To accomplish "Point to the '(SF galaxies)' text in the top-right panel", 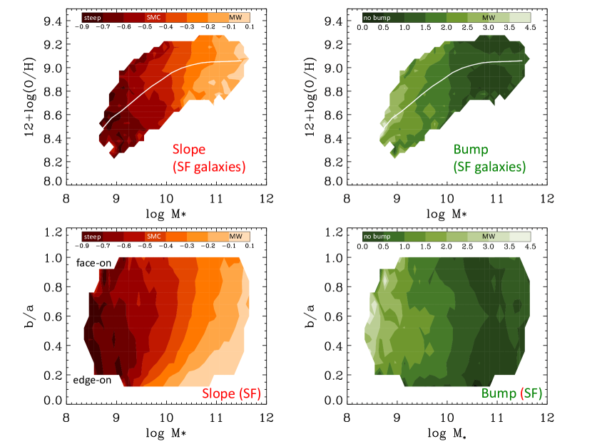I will tap(484, 167).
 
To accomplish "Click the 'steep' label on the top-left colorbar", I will tap(92, 15).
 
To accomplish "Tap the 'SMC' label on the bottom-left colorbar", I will tap(153, 236).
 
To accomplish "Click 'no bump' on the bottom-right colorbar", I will tap(377, 236).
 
